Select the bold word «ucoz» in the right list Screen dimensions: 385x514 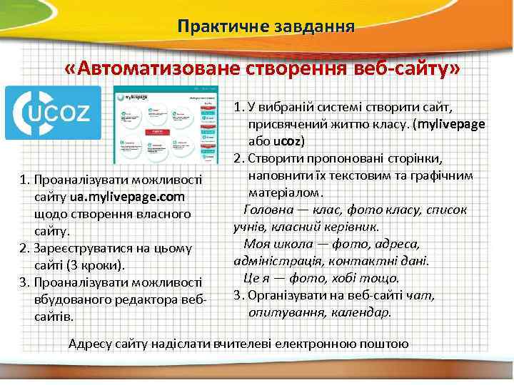[288, 140]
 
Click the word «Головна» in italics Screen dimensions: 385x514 [268, 210]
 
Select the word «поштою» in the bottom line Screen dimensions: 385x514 [387, 344]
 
